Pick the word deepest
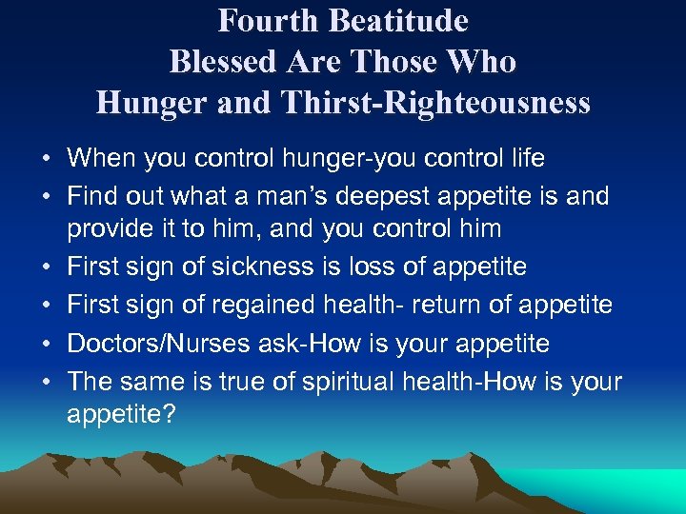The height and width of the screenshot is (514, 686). (384, 197)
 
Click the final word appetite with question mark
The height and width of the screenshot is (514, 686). (121, 414)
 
